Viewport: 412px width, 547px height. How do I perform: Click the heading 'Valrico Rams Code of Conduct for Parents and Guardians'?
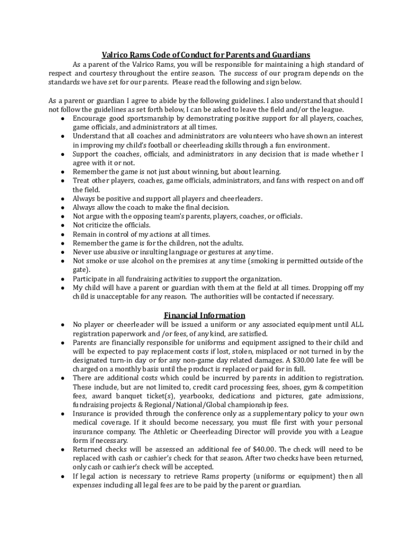[206, 55]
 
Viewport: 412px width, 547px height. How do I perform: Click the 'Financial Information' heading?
[204, 315]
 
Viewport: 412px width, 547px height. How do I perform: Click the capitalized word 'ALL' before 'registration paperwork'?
[357, 324]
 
